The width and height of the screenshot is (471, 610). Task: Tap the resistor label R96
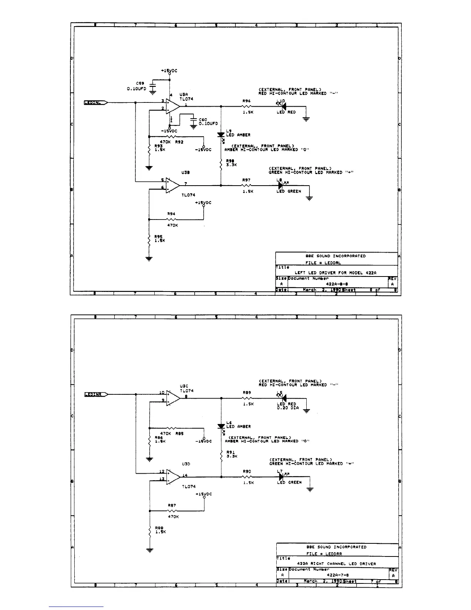coord(246,101)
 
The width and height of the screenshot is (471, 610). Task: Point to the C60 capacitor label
coord(203,120)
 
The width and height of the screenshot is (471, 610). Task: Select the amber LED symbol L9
coord(221,135)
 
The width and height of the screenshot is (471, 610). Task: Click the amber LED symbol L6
coord(221,426)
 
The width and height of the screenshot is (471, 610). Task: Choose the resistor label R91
coord(230,452)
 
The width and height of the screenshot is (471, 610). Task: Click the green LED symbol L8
coord(281,186)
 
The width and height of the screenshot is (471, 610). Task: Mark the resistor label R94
coord(171,214)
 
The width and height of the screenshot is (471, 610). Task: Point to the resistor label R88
coord(159,528)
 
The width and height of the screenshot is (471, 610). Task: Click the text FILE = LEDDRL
coord(323,263)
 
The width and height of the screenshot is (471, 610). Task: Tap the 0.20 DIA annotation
coord(287,408)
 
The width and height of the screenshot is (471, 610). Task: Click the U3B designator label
coord(185,173)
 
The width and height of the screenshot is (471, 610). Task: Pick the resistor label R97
coord(246,180)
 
